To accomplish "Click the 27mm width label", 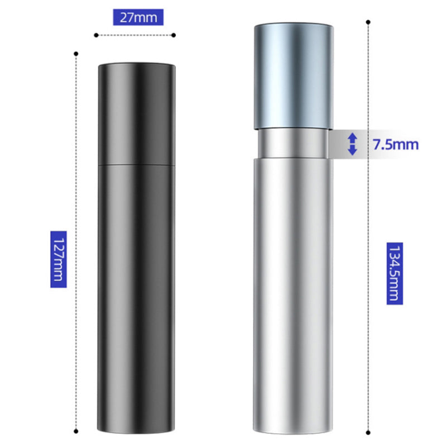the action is (138, 17).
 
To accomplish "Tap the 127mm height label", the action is (59, 259).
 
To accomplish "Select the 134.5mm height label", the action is (395, 273).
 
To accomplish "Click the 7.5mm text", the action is (396, 145).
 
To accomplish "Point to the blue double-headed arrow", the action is (353, 144).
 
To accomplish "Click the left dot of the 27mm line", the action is (96, 35).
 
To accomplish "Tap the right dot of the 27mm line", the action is (174, 35).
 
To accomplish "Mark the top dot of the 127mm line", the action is (76, 54).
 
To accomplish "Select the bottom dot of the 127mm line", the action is (76, 431).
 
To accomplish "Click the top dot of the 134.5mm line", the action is (368, 22).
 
